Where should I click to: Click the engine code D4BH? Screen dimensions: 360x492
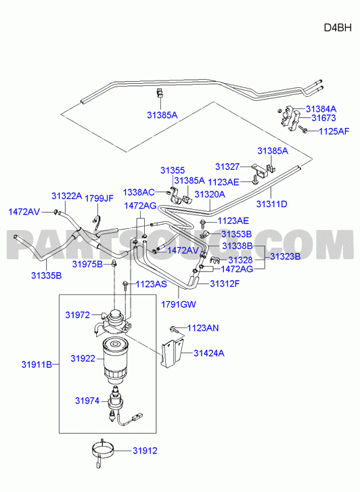coord(338,28)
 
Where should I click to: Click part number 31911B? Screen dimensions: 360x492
coord(37,365)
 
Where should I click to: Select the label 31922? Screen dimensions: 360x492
coord(83,358)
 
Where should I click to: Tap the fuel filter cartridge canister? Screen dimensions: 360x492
coord(115,360)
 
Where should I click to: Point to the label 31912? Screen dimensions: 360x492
coord(145,451)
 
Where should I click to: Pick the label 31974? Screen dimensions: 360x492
coord(87,401)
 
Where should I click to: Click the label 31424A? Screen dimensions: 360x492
coord(208,353)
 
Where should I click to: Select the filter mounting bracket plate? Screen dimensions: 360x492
coord(173,352)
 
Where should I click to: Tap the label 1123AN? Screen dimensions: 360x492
coord(203,328)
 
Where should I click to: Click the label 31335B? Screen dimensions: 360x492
coord(47,276)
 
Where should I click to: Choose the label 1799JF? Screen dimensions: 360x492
coord(99,198)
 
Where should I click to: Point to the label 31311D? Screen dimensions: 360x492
coord(271,204)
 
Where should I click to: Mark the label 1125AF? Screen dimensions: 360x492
coord(334,131)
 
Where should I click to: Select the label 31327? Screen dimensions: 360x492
coord(227,166)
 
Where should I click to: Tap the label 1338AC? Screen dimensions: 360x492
coord(139,192)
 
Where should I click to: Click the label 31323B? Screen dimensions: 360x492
coord(286,256)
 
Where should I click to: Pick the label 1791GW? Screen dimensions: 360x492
coord(179,304)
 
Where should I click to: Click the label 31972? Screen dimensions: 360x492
coord(78,315)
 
